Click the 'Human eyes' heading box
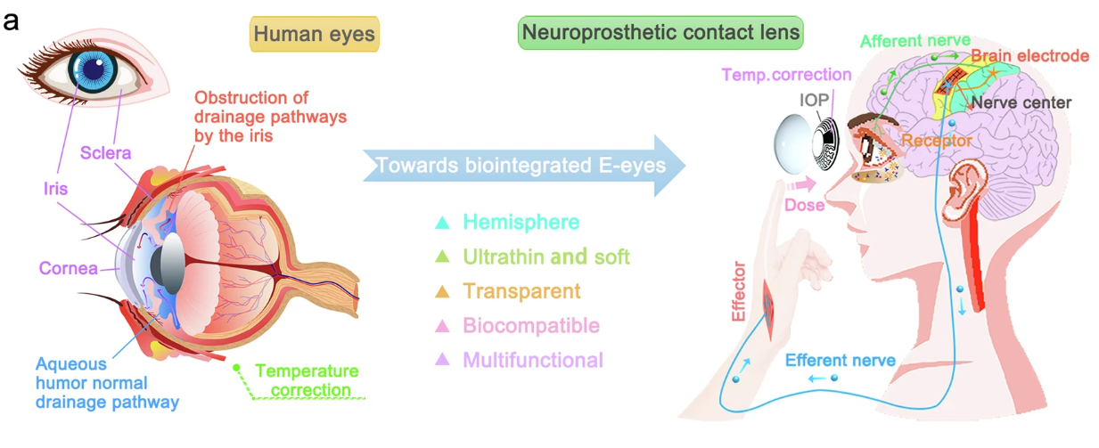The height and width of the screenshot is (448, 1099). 315,34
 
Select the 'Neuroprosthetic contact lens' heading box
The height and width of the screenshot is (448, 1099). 660,33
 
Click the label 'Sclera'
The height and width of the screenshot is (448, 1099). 105,153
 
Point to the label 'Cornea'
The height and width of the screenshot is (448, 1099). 68,268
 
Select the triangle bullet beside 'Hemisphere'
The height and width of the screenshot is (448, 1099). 441,223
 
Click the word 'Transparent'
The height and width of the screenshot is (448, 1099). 521,291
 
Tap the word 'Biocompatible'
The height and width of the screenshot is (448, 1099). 530,326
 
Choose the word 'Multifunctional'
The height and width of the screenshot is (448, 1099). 533,361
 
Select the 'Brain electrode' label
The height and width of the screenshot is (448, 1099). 1029,56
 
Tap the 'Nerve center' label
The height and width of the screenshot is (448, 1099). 1021,102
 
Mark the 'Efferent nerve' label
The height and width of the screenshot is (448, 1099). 841,361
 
